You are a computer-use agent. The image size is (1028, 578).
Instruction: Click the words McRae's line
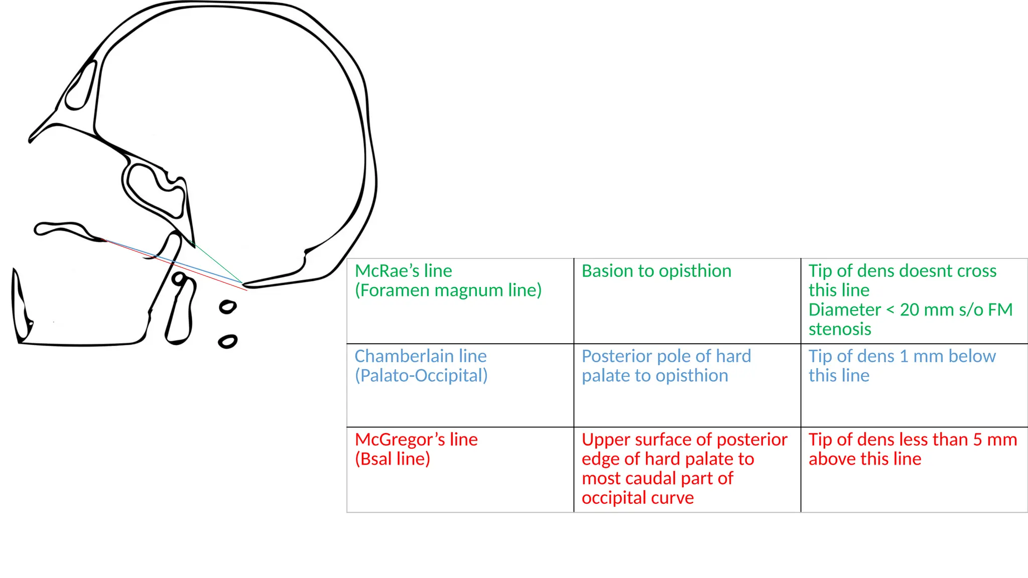click(x=403, y=271)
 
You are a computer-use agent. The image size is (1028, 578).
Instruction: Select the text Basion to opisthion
click(x=656, y=271)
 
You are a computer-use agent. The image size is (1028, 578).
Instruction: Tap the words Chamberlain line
click(x=420, y=356)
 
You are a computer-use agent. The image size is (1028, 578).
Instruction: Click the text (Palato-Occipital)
click(x=421, y=376)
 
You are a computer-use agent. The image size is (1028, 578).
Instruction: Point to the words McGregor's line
click(x=416, y=440)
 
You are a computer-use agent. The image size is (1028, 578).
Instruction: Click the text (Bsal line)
click(x=392, y=459)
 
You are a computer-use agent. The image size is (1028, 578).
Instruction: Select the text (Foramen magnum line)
click(x=448, y=291)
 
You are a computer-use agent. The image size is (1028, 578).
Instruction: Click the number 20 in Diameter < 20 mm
click(x=909, y=310)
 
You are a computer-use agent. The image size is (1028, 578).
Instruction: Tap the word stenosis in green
click(x=839, y=329)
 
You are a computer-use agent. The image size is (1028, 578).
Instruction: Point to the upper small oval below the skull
click(x=228, y=307)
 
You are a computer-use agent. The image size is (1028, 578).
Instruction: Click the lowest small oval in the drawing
click(x=227, y=342)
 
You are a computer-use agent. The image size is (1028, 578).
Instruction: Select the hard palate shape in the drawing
click(x=65, y=230)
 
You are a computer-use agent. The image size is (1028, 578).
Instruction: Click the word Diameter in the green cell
click(x=844, y=310)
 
